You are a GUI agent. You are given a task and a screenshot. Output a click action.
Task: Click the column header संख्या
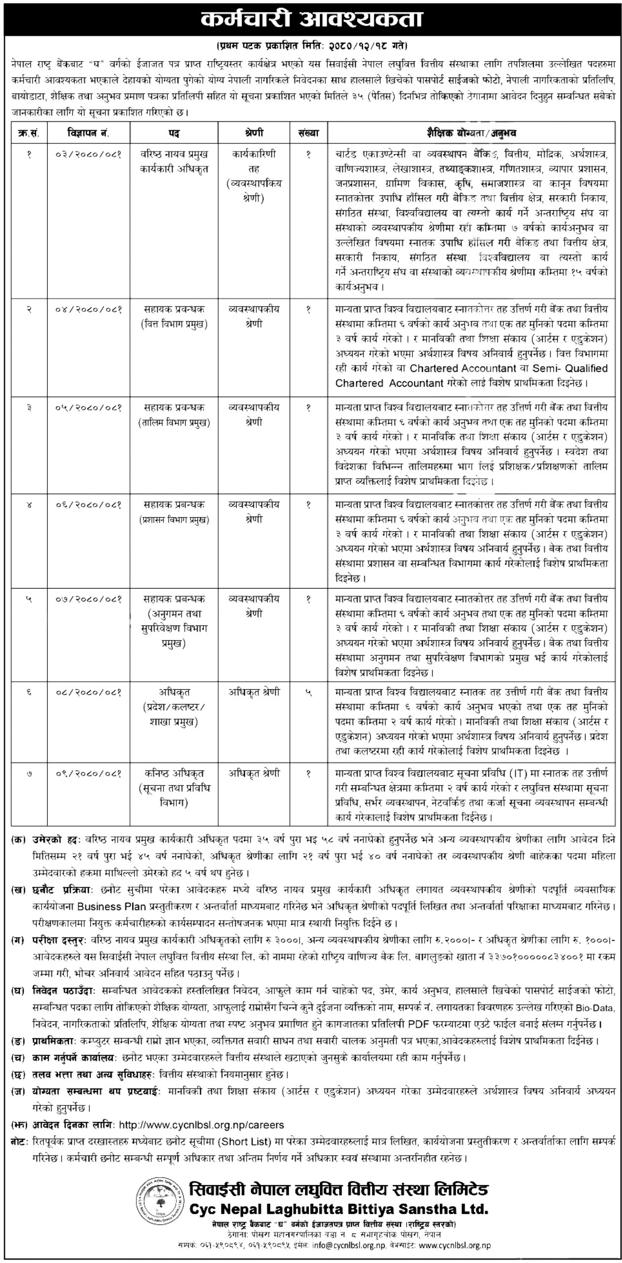[309, 133]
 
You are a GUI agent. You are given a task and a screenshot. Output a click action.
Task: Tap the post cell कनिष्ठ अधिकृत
[174, 773]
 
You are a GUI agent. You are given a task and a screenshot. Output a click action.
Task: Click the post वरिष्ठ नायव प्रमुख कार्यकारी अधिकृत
[174, 161]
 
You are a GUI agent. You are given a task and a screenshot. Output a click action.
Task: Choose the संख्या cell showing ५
[309, 693]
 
